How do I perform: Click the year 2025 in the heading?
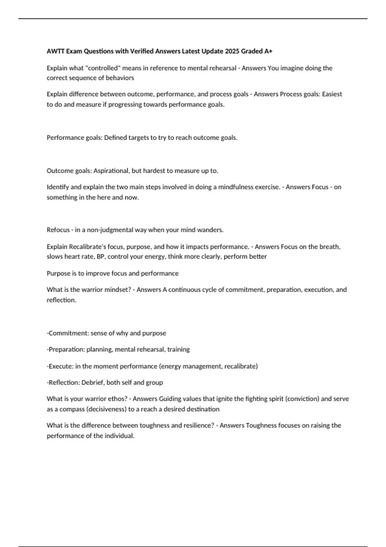pos(232,51)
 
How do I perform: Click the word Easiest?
pos(332,94)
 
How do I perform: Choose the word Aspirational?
pos(111,171)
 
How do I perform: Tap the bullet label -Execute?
pos(60,366)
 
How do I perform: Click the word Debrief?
pos(92,383)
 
